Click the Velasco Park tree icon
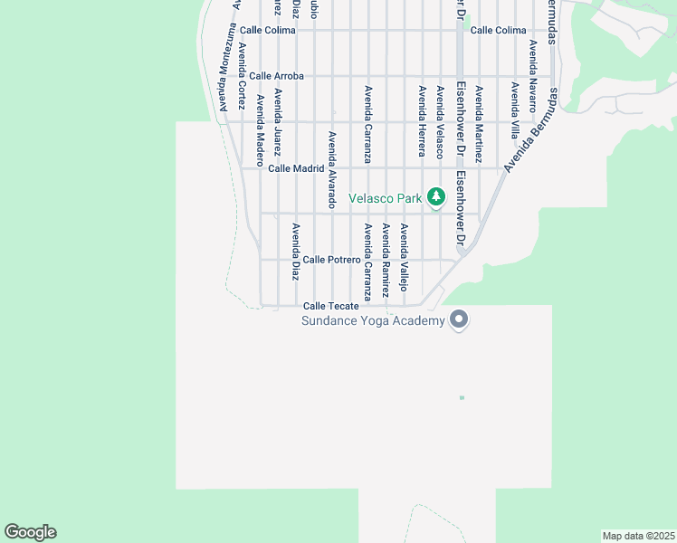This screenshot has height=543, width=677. (436, 196)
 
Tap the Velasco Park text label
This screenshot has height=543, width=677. (386, 197)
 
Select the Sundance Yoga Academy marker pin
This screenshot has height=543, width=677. (459, 319)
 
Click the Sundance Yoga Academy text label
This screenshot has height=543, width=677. (374, 320)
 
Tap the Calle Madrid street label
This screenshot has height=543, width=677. (296, 168)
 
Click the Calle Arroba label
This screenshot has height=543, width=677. (277, 76)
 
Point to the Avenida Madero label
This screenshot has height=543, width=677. (260, 123)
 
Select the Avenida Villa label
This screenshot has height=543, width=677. (514, 109)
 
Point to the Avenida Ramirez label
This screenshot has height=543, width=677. (385, 261)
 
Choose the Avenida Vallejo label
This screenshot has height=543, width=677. (404, 257)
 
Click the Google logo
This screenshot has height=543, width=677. (30, 532)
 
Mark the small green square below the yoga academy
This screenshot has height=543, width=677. (462, 397)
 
